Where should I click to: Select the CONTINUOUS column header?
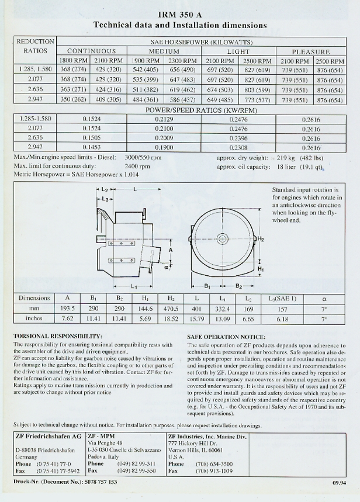pyautogui.click(x=91, y=51)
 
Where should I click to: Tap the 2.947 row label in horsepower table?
pyautogui.click(x=34, y=100)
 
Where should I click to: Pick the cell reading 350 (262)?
pyautogui.click(x=74, y=100)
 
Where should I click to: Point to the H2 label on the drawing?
pyautogui.click(x=261, y=239)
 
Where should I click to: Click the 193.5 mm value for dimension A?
pyautogui.click(x=68, y=308)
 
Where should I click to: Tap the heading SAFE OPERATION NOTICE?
pyautogui.click(x=226, y=337)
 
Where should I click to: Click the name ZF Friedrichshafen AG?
pyautogui.click(x=49, y=437)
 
